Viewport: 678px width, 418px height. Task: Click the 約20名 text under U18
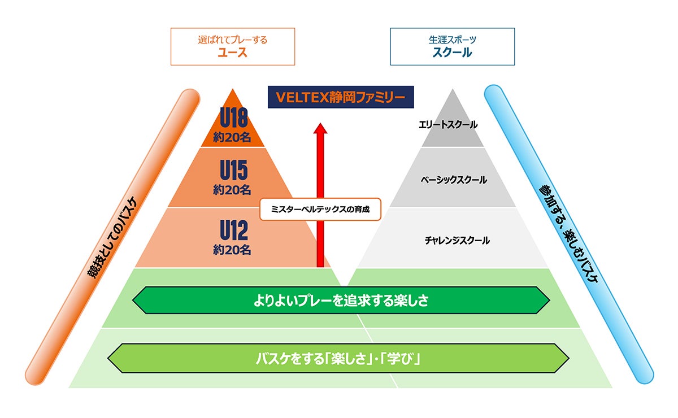click(232, 137)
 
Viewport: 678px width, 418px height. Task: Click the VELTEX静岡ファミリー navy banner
click(341, 97)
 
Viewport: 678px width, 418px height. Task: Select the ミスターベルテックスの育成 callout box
click(320, 209)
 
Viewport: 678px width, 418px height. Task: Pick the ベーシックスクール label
click(454, 180)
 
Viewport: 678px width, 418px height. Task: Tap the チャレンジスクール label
click(457, 241)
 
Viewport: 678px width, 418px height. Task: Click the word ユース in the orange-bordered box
click(233, 53)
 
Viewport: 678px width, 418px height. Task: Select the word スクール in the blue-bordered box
click(452, 53)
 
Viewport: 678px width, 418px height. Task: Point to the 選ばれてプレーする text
click(233, 40)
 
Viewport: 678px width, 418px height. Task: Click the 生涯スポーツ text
click(452, 40)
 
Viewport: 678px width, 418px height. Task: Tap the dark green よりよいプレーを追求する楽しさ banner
click(341, 301)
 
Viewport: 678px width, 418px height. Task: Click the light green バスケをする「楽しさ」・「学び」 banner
click(338, 358)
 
